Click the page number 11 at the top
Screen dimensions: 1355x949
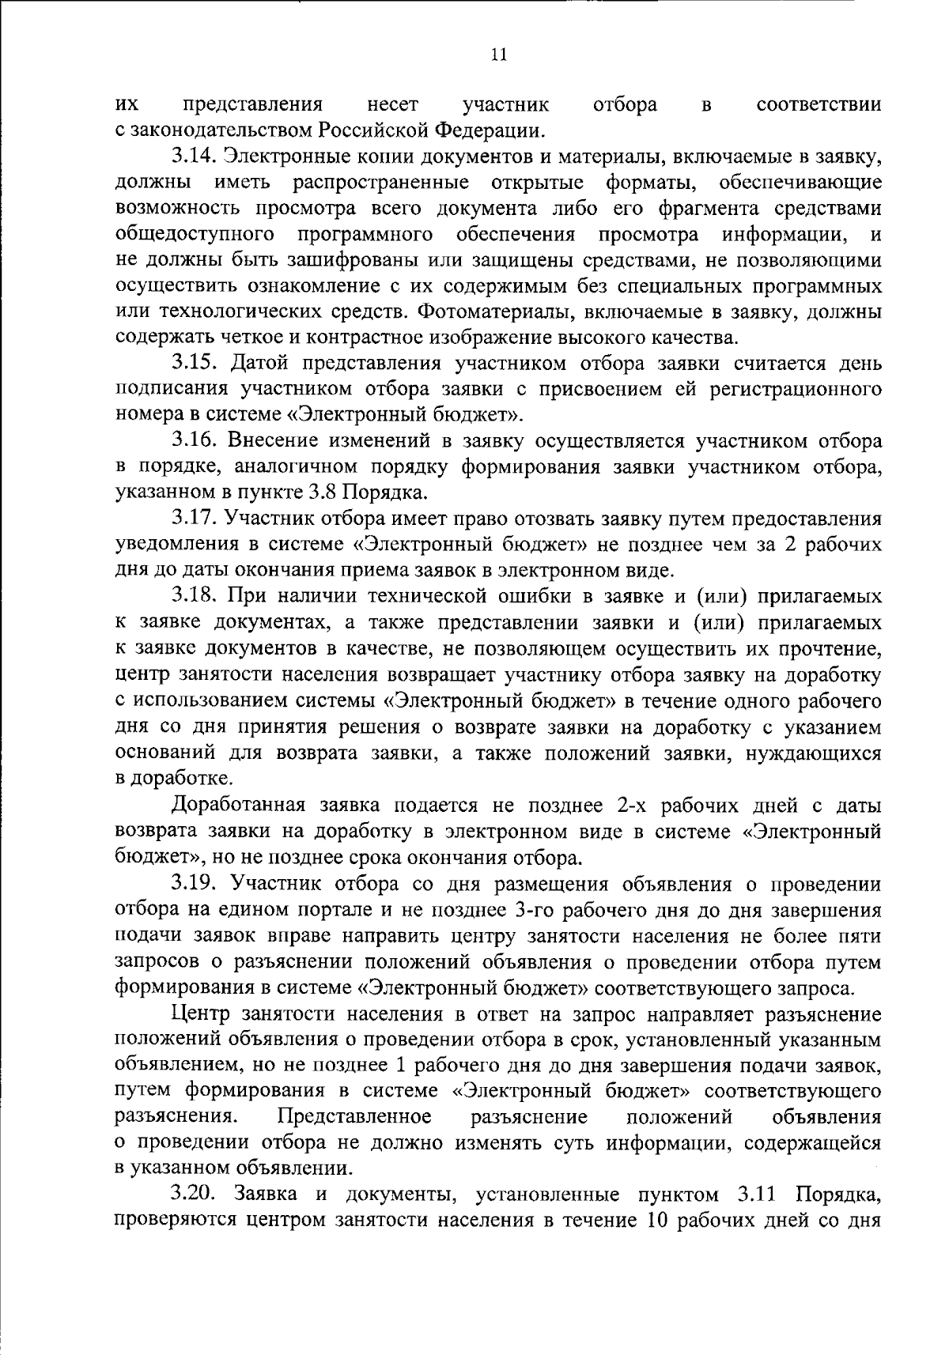click(x=498, y=55)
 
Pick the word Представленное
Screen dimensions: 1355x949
click(x=355, y=1116)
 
